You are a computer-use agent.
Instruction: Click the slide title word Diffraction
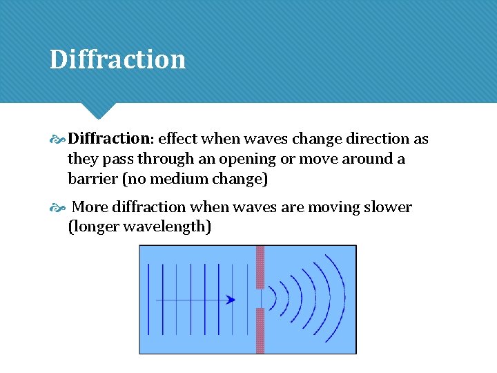117,59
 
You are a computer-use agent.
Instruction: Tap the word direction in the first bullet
378,139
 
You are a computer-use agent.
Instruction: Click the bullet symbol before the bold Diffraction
58,140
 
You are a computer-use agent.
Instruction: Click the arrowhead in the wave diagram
231,300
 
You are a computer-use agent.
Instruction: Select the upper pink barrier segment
260,267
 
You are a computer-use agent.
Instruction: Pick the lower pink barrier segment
260,330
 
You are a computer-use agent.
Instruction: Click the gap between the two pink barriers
260,298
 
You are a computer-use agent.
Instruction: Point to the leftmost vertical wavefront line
149,298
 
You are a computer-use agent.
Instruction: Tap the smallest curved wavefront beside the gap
274,298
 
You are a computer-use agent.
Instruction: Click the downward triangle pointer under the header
97,110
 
